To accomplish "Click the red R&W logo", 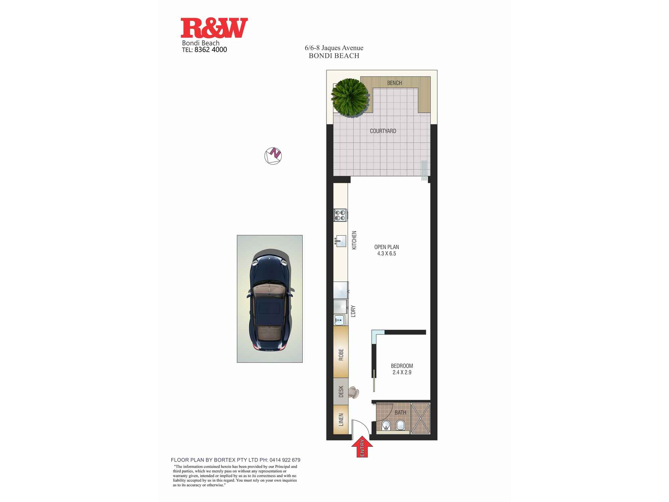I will [x=214, y=28].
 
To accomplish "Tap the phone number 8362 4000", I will [x=210, y=50].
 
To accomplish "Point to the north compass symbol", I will [x=273, y=156].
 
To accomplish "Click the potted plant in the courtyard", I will [x=351, y=97].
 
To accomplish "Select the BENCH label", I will [x=394, y=83].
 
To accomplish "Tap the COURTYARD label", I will [x=383, y=131].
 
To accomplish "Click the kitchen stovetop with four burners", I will [x=340, y=215].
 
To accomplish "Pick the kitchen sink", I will [x=341, y=241].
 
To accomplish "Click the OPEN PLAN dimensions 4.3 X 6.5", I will [x=386, y=254].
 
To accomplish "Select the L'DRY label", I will [x=353, y=311].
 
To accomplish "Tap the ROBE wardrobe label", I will [x=341, y=354].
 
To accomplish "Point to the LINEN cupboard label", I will [x=341, y=420].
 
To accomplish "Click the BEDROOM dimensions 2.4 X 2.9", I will [x=402, y=372].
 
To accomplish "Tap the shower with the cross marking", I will [x=420, y=418].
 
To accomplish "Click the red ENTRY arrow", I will [x=362, y=447].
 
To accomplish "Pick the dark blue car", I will [x=270, y=300].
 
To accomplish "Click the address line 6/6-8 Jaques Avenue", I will [x=334, y=48].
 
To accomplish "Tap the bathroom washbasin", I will [x=386, y=426].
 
